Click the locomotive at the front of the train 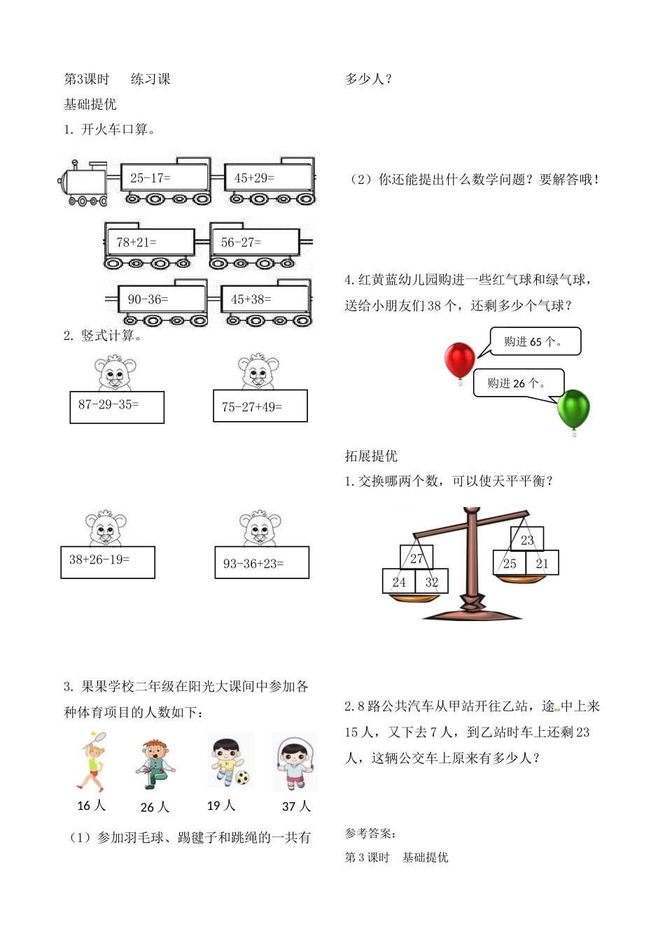click(83, 184)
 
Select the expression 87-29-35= click(116, 406)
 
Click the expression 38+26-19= click(107, 561)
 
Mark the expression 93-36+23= click(261, 563)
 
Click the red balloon click(460, 359)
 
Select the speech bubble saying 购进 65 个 click(535, 342)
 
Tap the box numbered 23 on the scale click(527, 539)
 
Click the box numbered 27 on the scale click(416, 557)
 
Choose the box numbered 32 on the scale click(431, 582)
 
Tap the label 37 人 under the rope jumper click(296, 806)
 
